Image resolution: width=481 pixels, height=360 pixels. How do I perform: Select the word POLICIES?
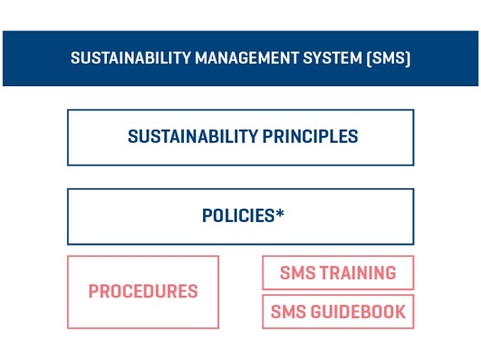(238, 217)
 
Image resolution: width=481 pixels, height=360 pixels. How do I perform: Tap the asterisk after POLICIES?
(280, 214)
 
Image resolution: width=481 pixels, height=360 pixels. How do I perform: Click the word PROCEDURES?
(143, 292)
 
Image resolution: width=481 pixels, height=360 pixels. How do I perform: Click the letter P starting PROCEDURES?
(93, 292)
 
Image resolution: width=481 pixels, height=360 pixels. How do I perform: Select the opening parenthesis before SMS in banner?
(370, 59)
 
